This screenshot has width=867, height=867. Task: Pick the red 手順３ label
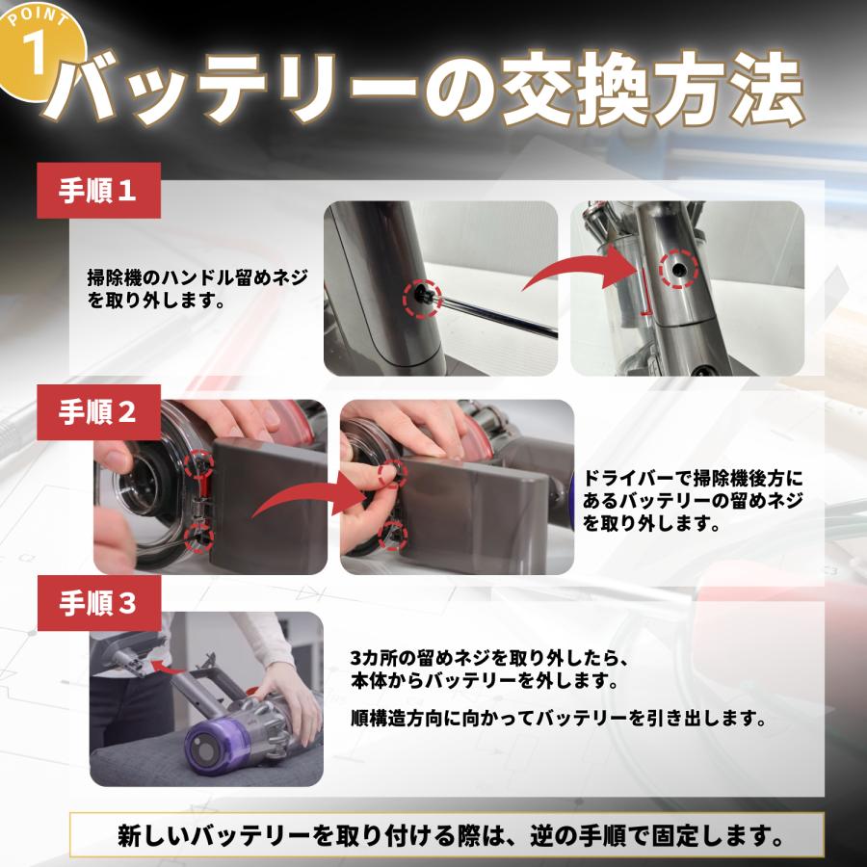click(x=99, y=604)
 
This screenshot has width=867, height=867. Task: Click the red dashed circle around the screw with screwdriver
click(x=421, y=295)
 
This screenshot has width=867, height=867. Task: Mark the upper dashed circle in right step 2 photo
click(x=391, y=471)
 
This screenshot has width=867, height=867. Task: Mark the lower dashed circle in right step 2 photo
click(x=392, y=533)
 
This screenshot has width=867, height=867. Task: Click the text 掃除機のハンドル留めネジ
click(x=197, y=277)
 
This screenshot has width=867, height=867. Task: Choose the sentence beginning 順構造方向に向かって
click(x=558, y=719)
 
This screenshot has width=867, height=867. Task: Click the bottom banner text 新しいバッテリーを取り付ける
click(x=447, y=834)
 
